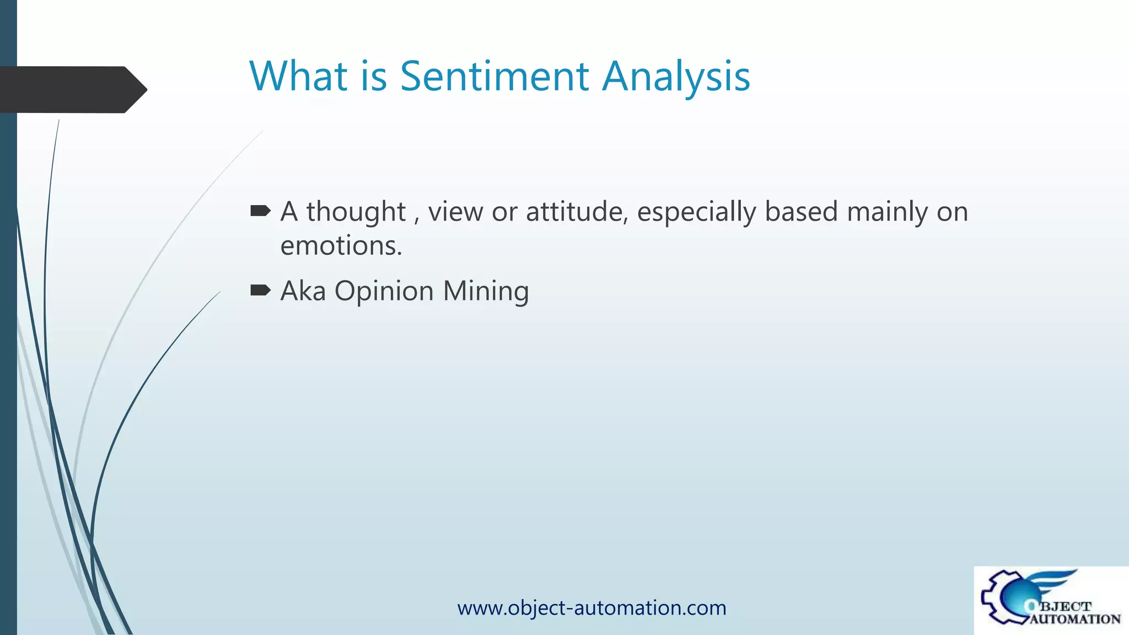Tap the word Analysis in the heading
(x=676, y=77)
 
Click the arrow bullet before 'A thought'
(x=260, y=211)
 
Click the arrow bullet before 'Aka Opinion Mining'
(x=260, y=290)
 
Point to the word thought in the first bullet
(x=356, y=212)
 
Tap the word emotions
(x=341, y=246)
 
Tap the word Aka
(x=303, y=291)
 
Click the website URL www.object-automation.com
(x=592, y=608)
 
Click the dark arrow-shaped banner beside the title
(x=72, y=89)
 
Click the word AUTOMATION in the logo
(x=1075, y=620)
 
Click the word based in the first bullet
(x=801, y=212)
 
